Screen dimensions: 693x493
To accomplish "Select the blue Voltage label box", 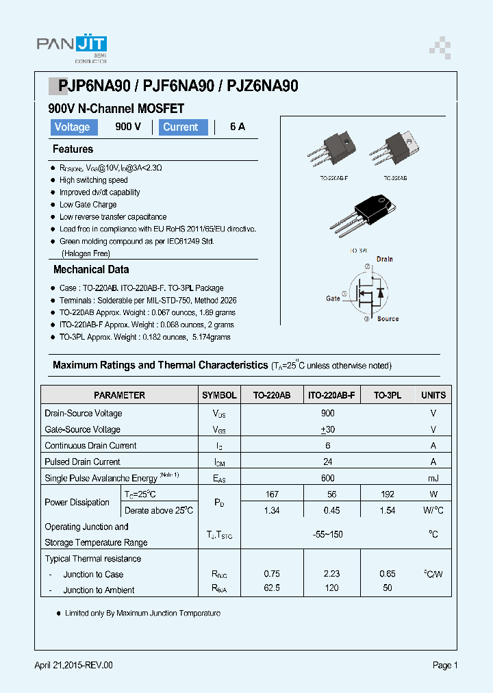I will [72, 127].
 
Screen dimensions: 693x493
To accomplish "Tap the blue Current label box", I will [183, 127].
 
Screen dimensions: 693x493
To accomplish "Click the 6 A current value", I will [237, 127].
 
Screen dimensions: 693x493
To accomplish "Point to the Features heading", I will [73, 149].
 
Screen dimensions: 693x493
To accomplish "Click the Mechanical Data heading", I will [90, 270].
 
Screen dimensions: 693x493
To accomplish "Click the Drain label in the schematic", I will [384, 260].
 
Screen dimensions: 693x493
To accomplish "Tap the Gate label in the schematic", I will [333, 299].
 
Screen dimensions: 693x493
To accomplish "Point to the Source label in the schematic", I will [388, 319].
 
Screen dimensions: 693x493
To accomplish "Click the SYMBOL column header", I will [219, 395].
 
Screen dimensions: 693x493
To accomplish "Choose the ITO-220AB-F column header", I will [331, 395].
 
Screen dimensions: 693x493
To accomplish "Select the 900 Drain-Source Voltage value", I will [327, 414].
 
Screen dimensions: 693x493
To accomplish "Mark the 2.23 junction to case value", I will [331, 574].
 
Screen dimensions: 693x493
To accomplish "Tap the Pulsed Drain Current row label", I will [82, 462].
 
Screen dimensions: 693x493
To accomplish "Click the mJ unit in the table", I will [433, 478].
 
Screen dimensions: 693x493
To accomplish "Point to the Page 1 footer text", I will [444, 666].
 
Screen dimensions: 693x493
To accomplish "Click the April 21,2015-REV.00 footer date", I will [73, 666].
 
